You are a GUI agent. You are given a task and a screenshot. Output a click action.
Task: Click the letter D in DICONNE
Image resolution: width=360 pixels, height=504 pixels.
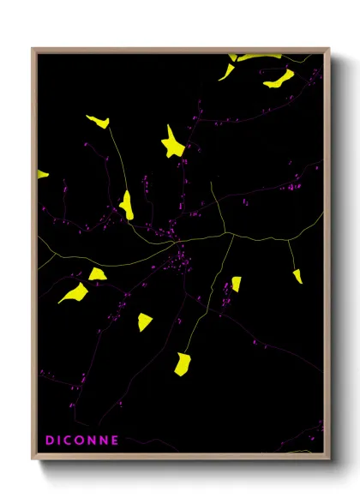50,441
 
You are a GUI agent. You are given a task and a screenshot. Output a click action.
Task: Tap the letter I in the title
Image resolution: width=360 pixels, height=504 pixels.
59,441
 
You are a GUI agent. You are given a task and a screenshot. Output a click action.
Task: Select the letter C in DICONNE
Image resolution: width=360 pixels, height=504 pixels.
68,441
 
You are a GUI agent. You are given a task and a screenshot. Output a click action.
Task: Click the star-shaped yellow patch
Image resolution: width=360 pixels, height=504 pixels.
174,143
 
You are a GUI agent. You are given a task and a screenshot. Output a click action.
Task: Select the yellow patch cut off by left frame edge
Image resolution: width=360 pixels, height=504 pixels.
41,175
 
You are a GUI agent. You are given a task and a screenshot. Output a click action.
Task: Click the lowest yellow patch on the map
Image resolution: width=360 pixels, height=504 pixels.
182,364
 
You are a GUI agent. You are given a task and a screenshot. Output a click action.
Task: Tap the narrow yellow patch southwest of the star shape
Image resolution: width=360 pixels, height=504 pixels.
127,205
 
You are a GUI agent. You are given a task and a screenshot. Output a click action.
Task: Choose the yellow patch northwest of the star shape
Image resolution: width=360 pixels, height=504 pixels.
98,122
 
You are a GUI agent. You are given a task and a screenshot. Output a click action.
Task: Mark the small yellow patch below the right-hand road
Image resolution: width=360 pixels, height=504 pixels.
297,276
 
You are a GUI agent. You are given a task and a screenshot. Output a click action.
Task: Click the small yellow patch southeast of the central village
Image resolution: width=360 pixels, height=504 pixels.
236,283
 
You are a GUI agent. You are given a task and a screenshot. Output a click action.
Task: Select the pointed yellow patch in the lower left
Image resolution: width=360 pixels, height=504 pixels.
74,293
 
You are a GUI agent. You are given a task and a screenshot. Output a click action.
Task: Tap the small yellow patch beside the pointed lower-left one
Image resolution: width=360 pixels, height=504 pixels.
98,274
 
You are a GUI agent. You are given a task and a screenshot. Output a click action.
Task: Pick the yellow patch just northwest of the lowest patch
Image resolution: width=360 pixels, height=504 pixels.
145,321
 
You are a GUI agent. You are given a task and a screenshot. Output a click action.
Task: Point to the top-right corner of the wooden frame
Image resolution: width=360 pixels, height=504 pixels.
328,50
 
